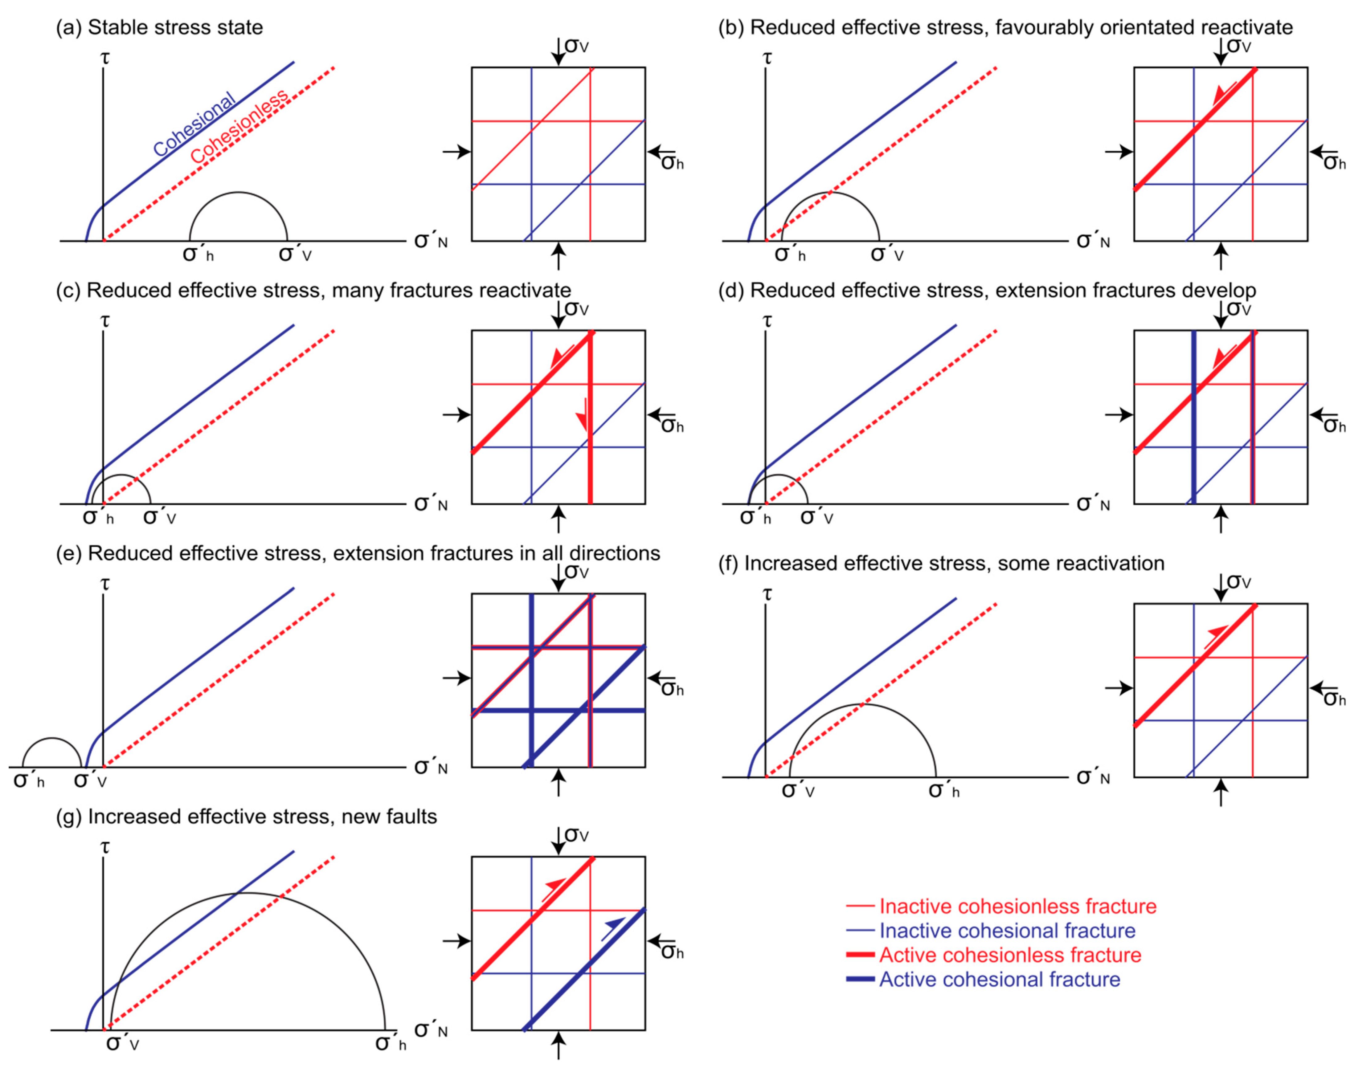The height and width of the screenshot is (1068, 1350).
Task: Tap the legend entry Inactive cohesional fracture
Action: pyautogui.click(x=1007, y=931)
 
